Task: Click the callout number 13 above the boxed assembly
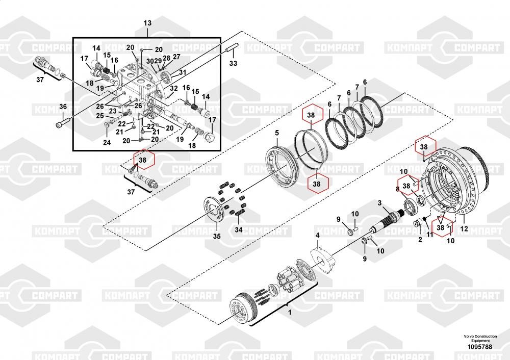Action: pos(147,23)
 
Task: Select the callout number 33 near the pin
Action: pos(233,63)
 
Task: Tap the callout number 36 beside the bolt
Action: pos(63,107)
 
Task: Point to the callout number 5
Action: pos(277,133)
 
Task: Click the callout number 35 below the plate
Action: pos(217,236)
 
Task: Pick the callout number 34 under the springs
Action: pos(238,229)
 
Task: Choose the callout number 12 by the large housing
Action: pos(464,228)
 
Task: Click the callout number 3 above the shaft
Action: pos(379,203)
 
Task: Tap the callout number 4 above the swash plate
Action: pos(317,235)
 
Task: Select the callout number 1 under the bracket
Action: pos(290,313)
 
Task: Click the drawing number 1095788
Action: pos(480,347)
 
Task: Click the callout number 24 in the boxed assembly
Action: pos(107,142)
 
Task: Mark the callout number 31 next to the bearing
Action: pos(182,72)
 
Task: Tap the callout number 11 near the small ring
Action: pos(430,234)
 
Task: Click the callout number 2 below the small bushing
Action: pos(420,240)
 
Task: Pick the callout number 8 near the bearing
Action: pos(397,189)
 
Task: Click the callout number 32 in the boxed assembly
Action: pos(174,88)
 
